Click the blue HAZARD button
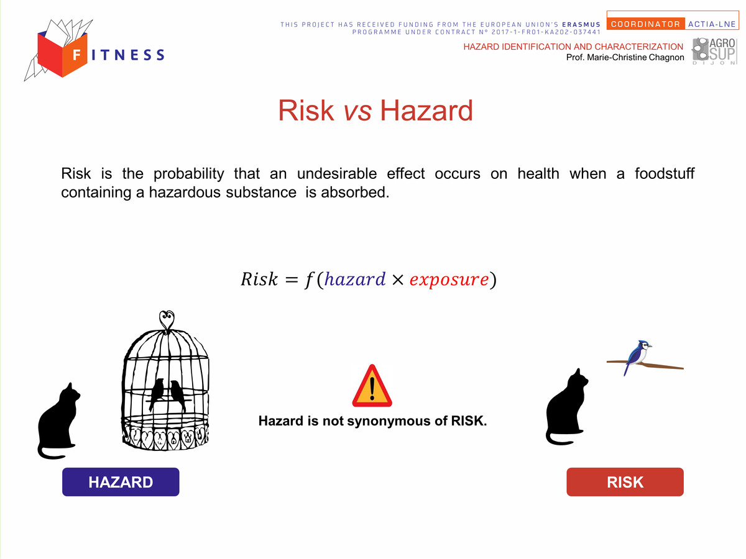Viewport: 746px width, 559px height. pos(121,481)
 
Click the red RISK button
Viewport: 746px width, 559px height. pos(625,481)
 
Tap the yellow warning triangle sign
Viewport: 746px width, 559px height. pos(372,386)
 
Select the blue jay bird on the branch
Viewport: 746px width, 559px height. pos(638,357)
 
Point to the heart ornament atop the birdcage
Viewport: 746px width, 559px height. pos(167,319)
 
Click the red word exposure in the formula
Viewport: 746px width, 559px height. pos(449,279)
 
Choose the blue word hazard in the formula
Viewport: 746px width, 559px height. pos(355,279)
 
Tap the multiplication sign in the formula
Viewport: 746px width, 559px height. pos(398,279)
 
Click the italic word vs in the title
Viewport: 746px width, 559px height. pos(357,111)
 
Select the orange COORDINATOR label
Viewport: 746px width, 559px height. pos(645,24)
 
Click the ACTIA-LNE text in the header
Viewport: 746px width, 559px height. pos(712,24)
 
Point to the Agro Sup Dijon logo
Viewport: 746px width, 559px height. pos(714,51)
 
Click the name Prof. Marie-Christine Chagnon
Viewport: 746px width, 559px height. pos(625,57)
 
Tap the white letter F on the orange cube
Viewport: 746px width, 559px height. pos(77,55)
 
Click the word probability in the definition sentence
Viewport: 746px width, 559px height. pos(188,174)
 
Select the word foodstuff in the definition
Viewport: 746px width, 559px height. pos(665,173)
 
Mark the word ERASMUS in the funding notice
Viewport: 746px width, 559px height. pos(581,24)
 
